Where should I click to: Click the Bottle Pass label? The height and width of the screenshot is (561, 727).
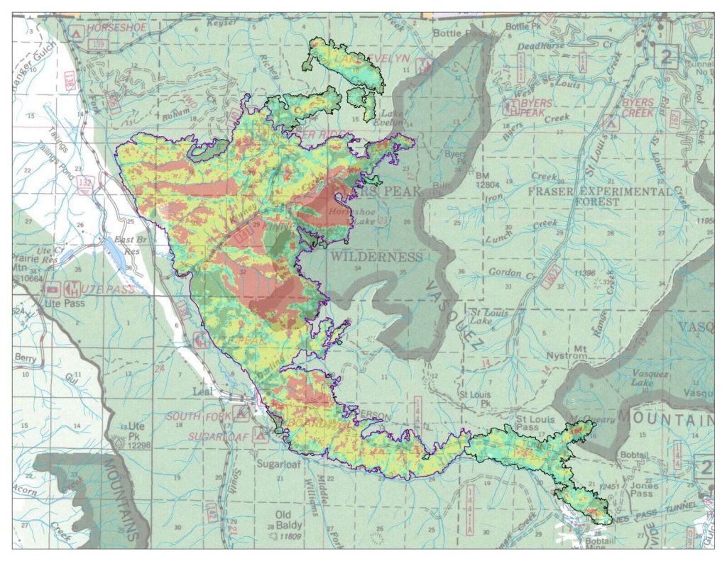[458, 33]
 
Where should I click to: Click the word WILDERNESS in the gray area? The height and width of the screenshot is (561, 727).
[375, 257]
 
